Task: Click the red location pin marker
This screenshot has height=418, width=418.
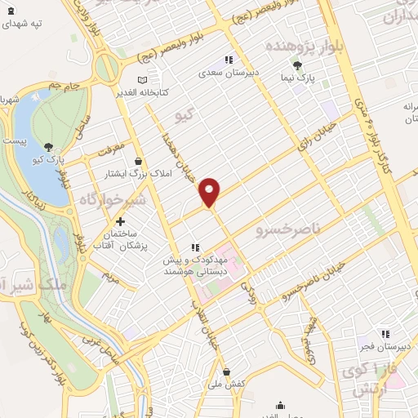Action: [210, 191]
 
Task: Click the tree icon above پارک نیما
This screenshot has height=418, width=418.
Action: [297, 66]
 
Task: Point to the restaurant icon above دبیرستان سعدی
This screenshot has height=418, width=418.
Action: [229, 60]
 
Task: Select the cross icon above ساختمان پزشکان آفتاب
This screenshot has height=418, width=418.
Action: [120, 221]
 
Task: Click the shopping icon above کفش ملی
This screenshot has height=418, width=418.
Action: [225, 371]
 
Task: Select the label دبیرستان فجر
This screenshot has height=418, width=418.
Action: [385, 346]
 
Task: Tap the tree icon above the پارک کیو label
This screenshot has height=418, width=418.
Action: [48, 148]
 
